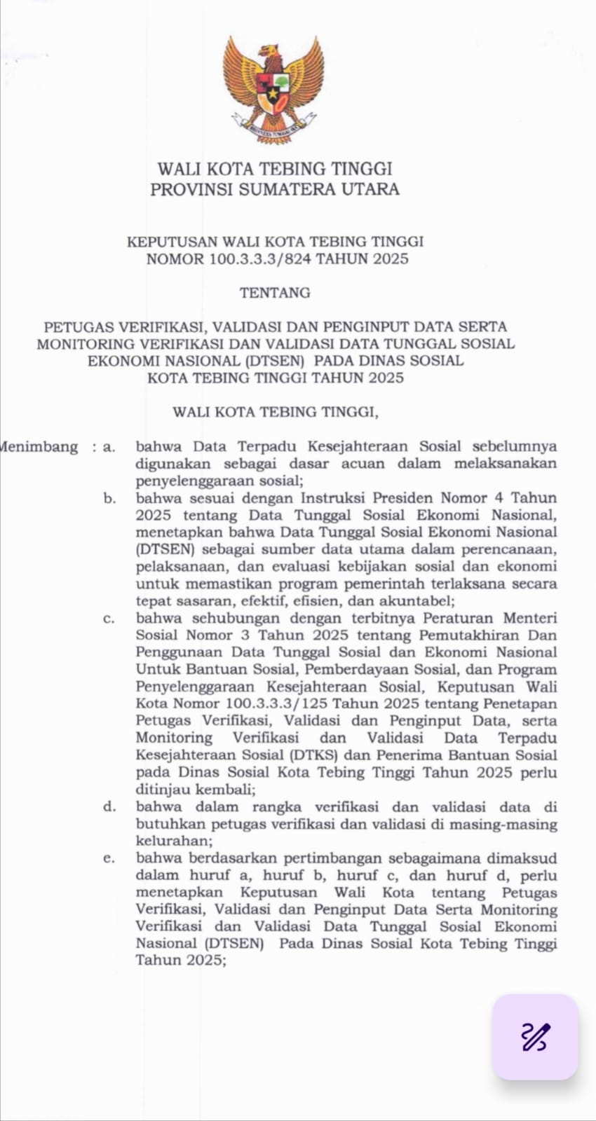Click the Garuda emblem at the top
point(273,89)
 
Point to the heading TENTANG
point(275,293)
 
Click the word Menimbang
point(39,447)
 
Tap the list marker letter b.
point(109,499)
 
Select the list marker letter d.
point(109,807)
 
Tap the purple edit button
point(535,1037)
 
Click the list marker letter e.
point(109,858)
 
